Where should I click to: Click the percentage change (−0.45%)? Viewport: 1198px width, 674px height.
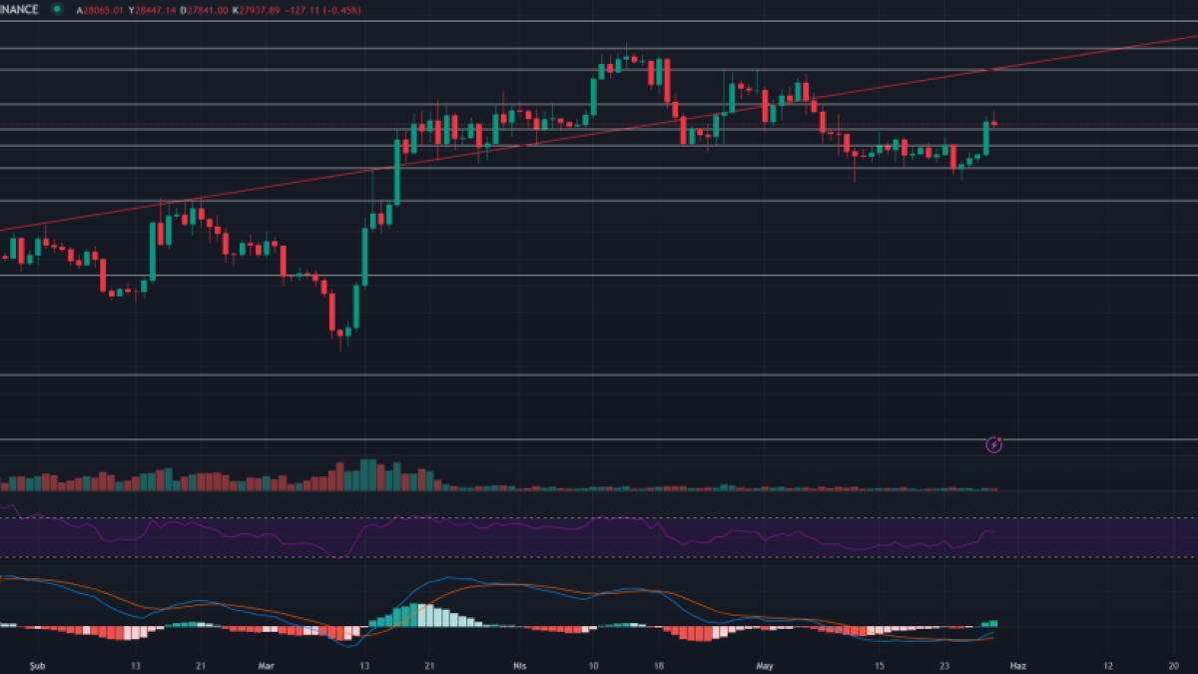[340, 9]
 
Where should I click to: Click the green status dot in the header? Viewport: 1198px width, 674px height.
[57, 9]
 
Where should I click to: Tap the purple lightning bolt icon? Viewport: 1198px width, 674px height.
[994, 445]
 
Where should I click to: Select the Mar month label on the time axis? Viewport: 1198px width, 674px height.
[266, 664]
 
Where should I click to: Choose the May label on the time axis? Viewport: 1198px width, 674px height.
[765, 664]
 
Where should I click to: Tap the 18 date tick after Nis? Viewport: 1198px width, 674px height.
[658, 664]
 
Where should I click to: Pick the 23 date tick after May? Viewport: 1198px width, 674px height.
[944, 664]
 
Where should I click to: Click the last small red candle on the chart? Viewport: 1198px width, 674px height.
[994, 124]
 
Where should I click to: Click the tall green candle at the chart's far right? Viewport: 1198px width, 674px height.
[986, 138]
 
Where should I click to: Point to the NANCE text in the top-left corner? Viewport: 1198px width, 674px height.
[20, 9]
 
